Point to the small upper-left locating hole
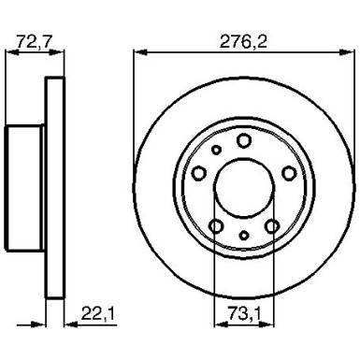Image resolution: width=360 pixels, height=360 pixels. [215, 149]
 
